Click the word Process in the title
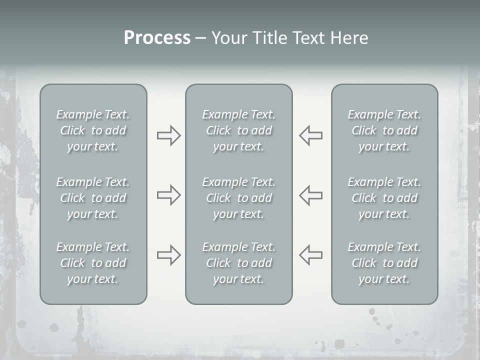tap(157, 38)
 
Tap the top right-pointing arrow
tap(168, 135)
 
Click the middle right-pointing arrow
tap(168, 195)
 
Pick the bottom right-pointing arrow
tap(168, 255)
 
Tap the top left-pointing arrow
tap(310, 135)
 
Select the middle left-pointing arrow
tap(310, 195)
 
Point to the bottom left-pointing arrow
tap(310, 255)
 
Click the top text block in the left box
tap(93, 130)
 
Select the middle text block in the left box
tap(93, 198)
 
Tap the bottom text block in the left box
tap(93, 263)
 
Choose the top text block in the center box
tap(239, 130)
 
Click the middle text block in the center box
tap(239, 198)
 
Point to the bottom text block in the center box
tap(239, 263)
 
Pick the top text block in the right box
tap(384, 130)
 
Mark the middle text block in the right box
tap(384, 198)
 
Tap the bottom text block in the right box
tap(384, 263)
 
